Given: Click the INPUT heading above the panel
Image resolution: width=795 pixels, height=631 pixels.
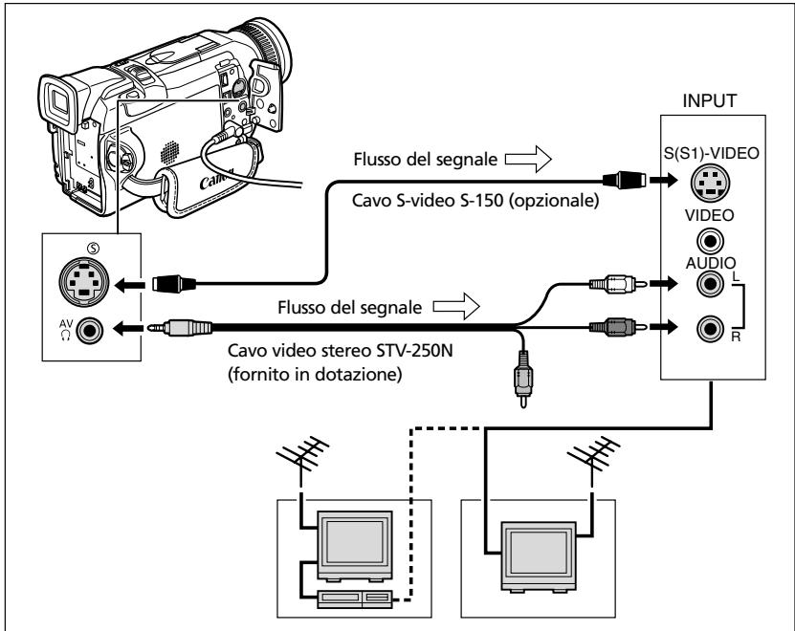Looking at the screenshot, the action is pos(709,100).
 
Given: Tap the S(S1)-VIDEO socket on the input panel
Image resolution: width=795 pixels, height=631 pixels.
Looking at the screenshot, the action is pos(711,182).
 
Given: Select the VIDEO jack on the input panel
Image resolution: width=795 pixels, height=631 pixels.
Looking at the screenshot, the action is pos(710,242).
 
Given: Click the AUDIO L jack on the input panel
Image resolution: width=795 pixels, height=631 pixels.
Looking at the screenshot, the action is pos(710,283).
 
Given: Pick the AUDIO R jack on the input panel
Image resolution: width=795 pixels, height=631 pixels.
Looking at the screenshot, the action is pos(710,329).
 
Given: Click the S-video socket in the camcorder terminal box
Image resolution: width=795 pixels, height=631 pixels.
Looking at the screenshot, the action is pos(84,281).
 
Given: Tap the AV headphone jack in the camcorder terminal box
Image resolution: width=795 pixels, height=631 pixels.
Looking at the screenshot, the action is pos(90,330).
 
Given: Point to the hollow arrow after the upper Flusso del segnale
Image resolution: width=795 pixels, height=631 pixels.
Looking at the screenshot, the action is pos(528,159).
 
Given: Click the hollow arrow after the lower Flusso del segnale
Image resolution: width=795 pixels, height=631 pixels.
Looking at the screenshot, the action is pos(456,306).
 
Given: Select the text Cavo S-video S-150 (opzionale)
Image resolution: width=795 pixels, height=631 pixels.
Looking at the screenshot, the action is pos(475,201).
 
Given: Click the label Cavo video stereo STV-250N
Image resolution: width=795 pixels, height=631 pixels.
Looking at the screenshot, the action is pos(341,350).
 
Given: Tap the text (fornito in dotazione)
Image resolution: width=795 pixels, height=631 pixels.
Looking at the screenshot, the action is pos(315,375).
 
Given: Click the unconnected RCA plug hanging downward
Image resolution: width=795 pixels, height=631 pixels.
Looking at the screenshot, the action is pos(523,379).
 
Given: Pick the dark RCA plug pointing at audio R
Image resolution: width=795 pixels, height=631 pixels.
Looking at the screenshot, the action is pos(618,327).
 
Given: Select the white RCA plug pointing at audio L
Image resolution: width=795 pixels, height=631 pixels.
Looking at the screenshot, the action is pos(618,284).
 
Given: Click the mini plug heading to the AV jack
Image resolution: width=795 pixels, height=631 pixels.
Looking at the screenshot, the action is pos(180,328).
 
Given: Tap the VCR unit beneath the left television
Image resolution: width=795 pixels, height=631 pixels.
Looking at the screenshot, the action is pos(355,598).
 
